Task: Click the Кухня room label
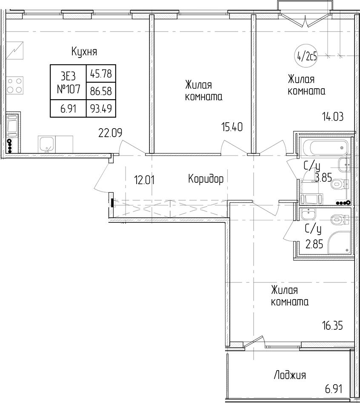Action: click(x=84, y=52)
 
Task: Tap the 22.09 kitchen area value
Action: click(x=110, y=133)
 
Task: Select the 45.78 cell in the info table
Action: click(x=101, y=74)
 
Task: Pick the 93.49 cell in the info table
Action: click(x=101, y=109)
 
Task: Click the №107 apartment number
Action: click(x=69, y=89)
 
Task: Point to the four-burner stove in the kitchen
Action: click(x=14, y=86)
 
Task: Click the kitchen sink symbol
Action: click(x=46, y=144)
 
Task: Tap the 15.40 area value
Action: click(x=232, y=127)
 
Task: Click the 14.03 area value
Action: click(x=333, y=117)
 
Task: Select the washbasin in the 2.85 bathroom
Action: click(x=308, y=214)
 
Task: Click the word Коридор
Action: click(x=206, y=179)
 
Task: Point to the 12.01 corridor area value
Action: click(x=144, y=180)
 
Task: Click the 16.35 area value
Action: click(x=333, y=326)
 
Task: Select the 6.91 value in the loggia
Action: click(x=334, y=389)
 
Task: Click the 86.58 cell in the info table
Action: click(x=101, y=91)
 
